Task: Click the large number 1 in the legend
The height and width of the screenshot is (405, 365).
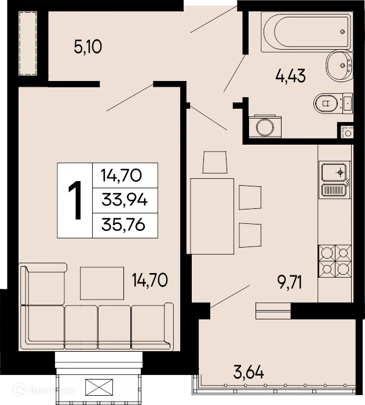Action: [x=74, y=200]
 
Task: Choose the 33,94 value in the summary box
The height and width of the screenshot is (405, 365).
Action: [x=123, y=200]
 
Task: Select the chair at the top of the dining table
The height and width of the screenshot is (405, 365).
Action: [x=214, y=162]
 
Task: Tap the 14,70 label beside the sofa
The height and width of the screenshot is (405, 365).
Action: [x=149, y=281]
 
